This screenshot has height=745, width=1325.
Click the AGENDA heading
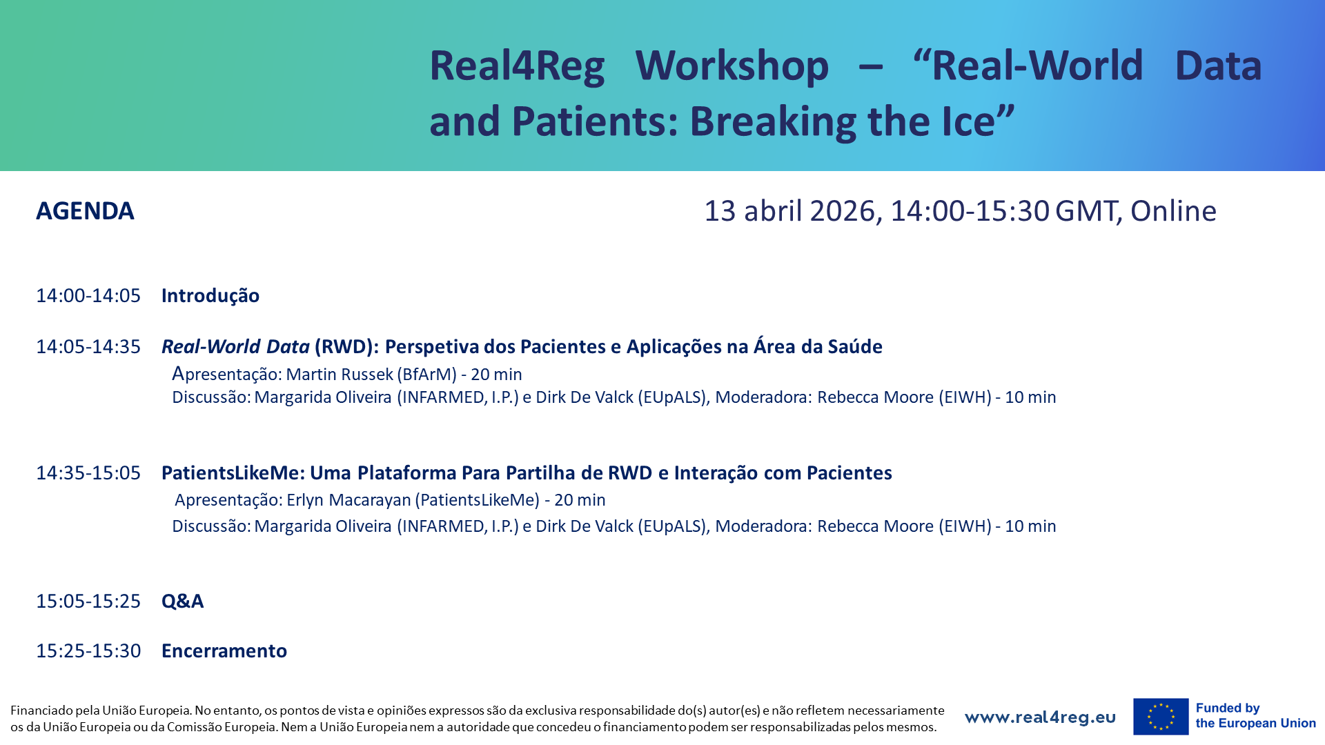pyautogui.click(x=85, y=211)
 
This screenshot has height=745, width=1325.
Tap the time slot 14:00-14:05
pyautogui.click(x=88, y=296)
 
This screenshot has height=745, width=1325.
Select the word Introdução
pyautogui.click(x=210, y=296)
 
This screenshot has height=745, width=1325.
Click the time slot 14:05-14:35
pyautogui.click(x=88, y=347)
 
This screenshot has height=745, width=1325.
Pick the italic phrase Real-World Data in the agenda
pyautogui.click(x=235, y=346)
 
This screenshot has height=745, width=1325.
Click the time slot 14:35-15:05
pyautogui.click(x=88, y=473)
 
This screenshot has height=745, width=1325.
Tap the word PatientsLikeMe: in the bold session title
pyautogui.click(x=233, y=473)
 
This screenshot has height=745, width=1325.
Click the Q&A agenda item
pyautogui.click(x=182, y=602)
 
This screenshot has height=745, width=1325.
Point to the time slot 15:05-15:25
pyautogui.click(x=88, y=602)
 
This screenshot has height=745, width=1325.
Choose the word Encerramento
pyautogui.click(x=224, y=651)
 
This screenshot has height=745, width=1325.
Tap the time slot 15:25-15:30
pyautogui.click(x=88, y=651)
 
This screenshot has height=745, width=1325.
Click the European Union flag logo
pyautogui.click(x=1161, y=717)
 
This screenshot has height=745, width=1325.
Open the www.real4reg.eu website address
pyautogui.click(x=1040, y=717)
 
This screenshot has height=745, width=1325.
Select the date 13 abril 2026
pyautogui.click(x=789, y=211)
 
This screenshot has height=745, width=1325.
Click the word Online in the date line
pyautogui.click(x=1173, y=211)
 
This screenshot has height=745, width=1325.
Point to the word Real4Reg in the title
pyautogui.click(x=517, y=66)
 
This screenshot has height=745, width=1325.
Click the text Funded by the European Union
pyautogui.click(x=1255, y=716)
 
